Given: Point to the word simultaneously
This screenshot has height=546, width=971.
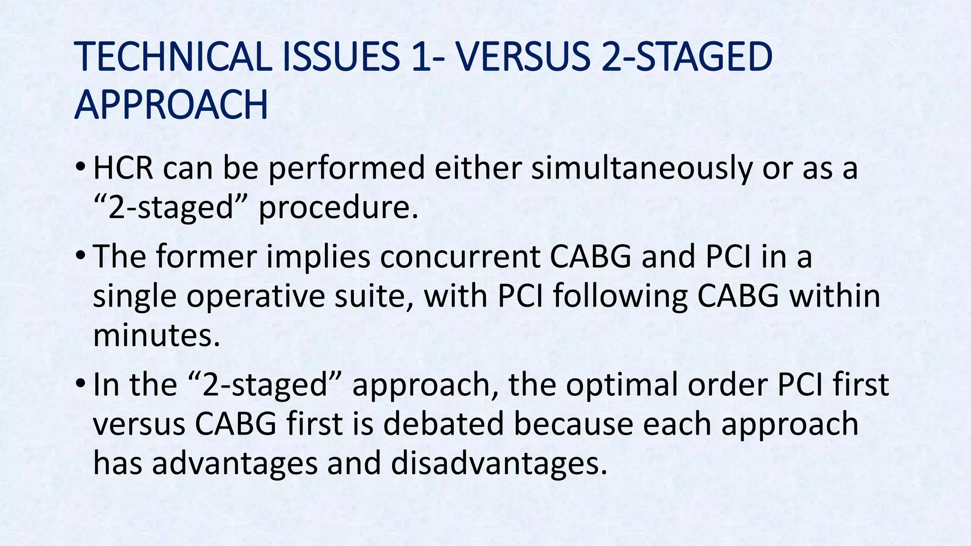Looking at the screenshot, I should click(641, 169).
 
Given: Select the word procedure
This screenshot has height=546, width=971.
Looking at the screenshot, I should click(339, 208).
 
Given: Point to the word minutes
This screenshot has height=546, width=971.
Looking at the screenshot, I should click(157, 335).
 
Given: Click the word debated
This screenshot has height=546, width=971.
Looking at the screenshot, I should click(443, 423).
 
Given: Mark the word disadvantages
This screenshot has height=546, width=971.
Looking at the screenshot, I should click(499, 463).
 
